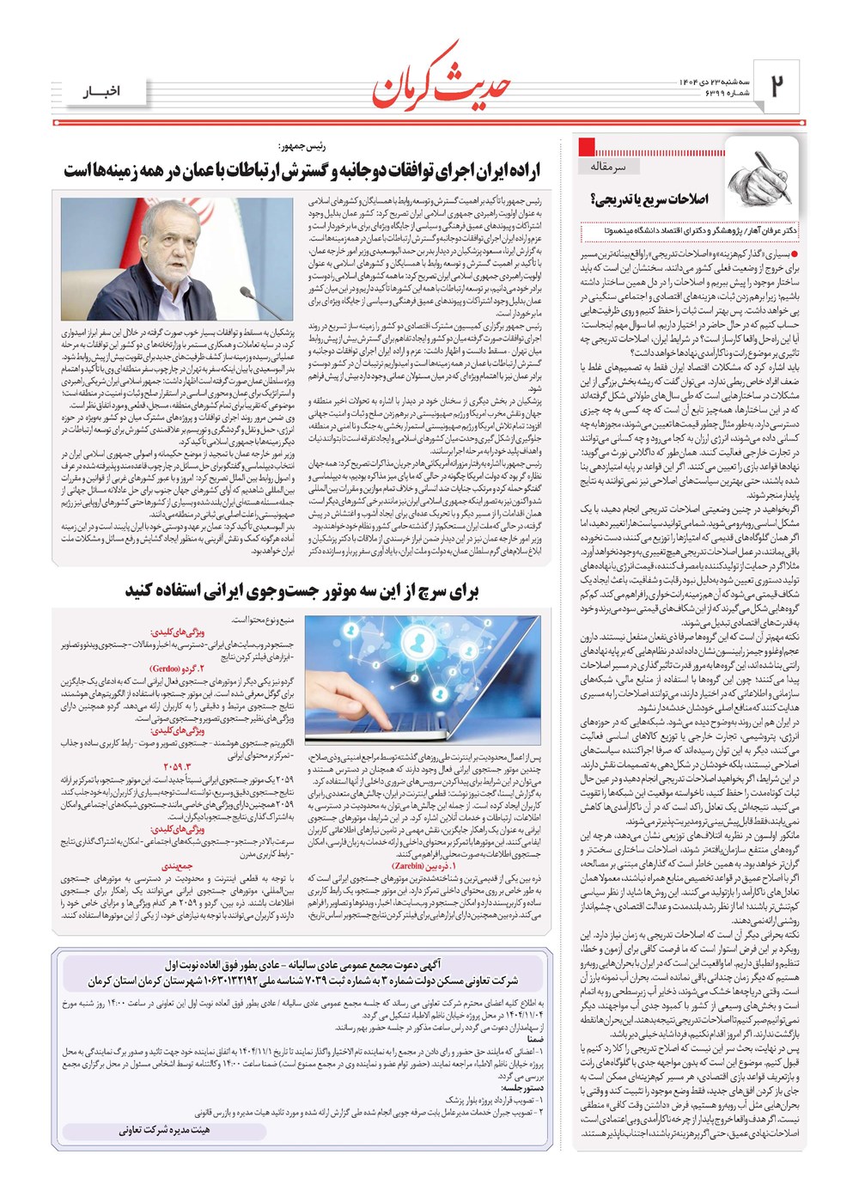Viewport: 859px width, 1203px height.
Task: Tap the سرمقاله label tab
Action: coord(609,165)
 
